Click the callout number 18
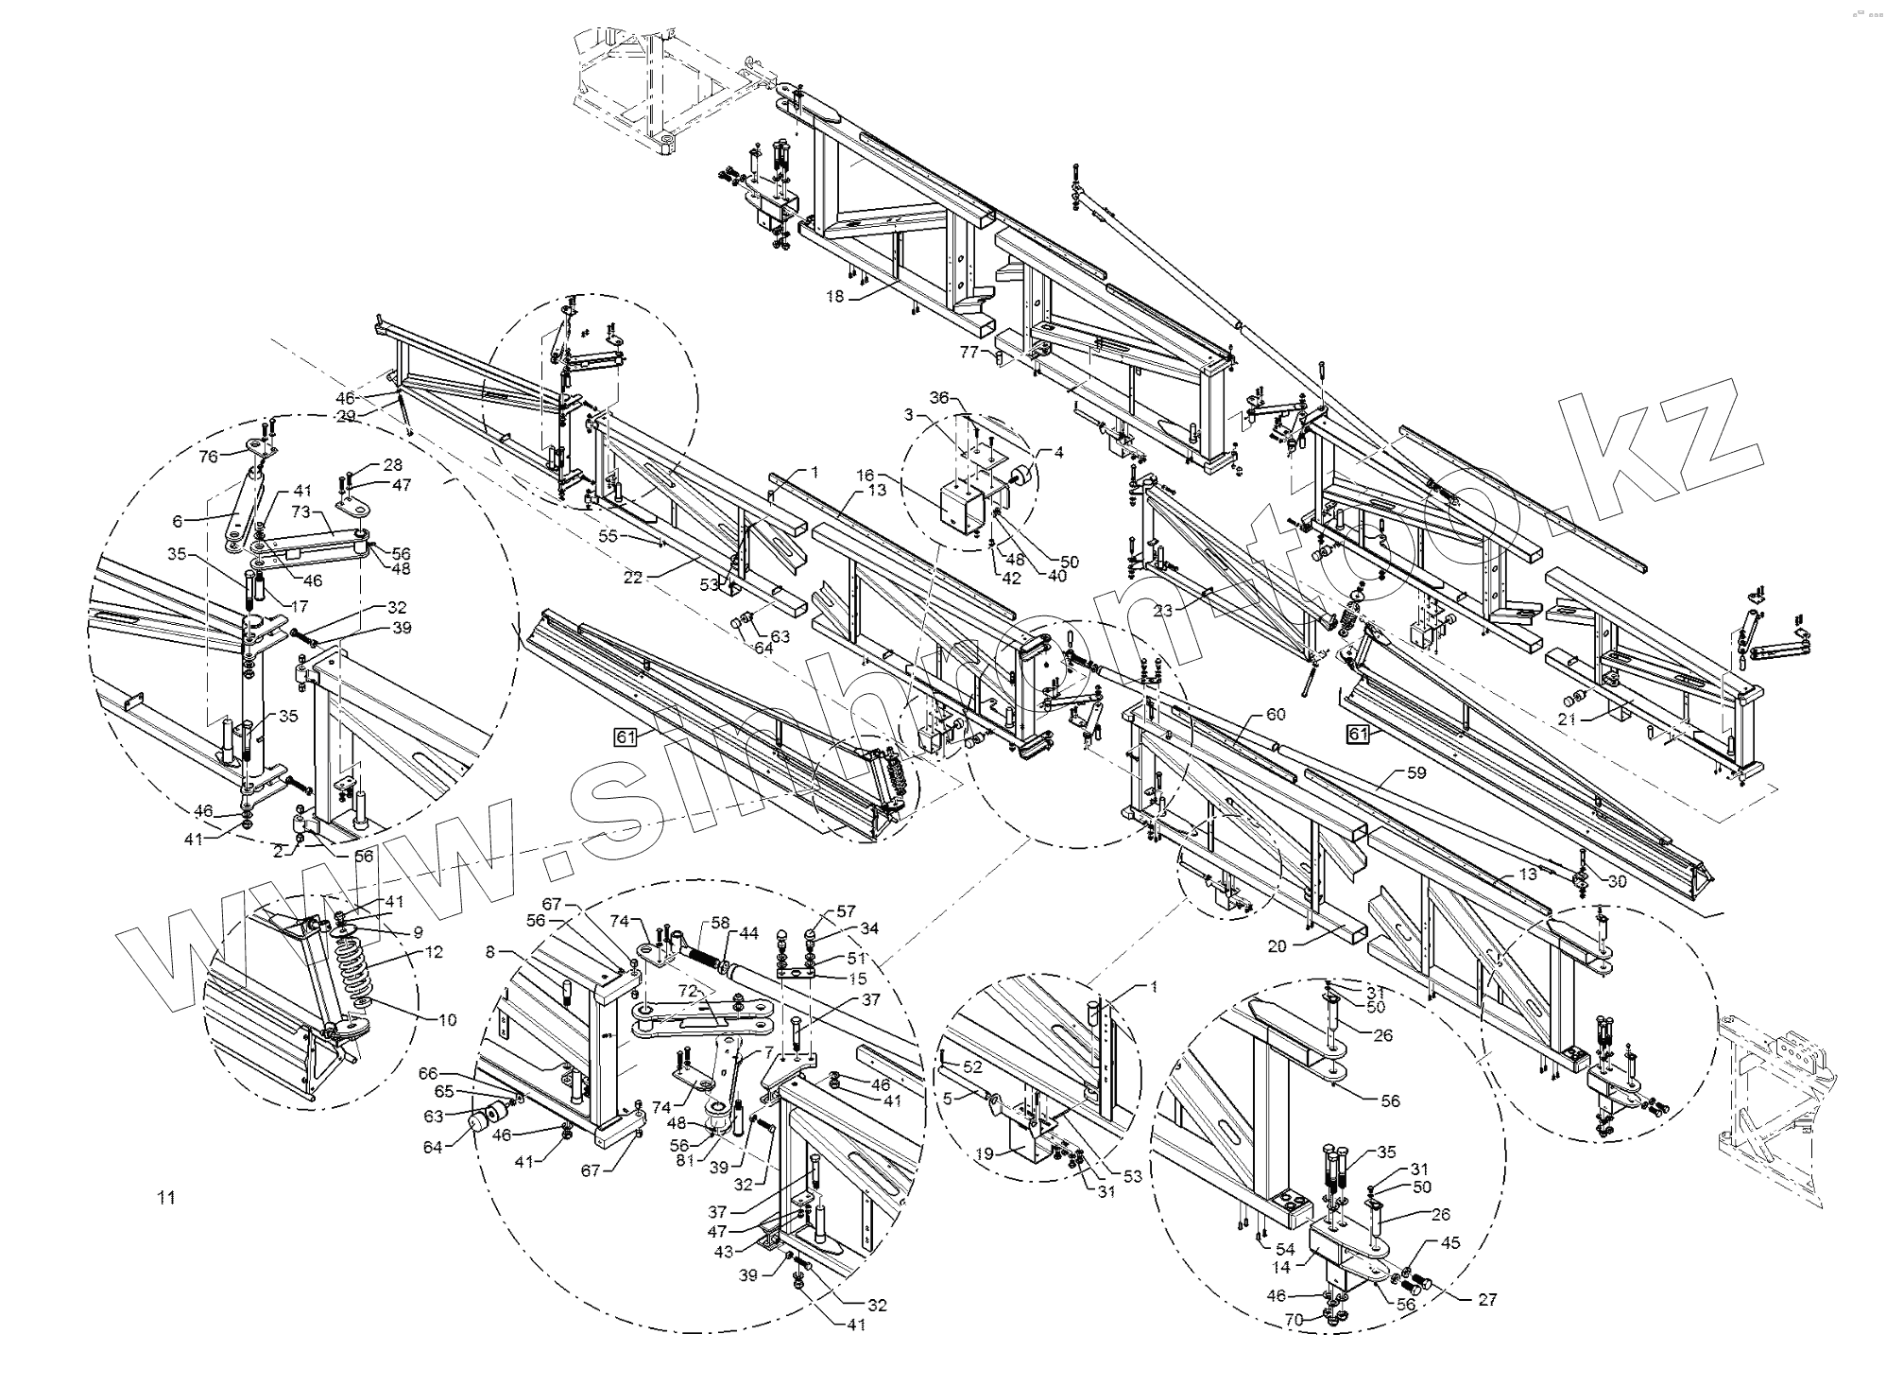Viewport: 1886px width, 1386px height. coord(834,297)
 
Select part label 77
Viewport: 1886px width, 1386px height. coord(969,353)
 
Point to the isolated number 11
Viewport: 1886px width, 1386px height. coord(166,1198)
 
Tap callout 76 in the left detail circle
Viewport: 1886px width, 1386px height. coord(208,457)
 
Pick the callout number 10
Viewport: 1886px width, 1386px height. coord(447,1020)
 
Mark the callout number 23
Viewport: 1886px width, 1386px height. coord(1162,611)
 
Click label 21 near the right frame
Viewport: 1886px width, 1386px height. coord(1568,720)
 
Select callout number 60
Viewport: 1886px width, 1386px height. coord(1276,715)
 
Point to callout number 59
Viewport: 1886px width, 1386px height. coord(1415,772)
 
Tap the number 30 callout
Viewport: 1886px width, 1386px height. coord(1617,881)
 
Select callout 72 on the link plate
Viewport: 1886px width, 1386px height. coord(687,991)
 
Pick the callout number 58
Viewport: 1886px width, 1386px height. coord(720,922)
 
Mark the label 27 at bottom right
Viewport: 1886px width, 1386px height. coord(1487,1299)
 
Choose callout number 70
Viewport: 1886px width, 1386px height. coord(1294,1319)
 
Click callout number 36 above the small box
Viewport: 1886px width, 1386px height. coord(938,398)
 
